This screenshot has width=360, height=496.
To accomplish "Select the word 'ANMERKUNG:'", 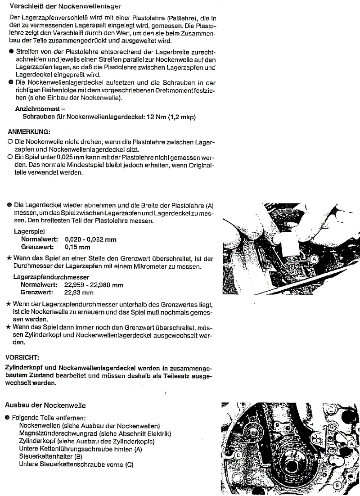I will click(x=29, y=132).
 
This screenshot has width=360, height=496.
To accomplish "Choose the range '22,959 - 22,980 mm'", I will click(x=94, y=285).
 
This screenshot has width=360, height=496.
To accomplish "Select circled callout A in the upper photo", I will click(x=314, y=259).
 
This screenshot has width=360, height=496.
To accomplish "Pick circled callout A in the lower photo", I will click(x=350, y=431).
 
